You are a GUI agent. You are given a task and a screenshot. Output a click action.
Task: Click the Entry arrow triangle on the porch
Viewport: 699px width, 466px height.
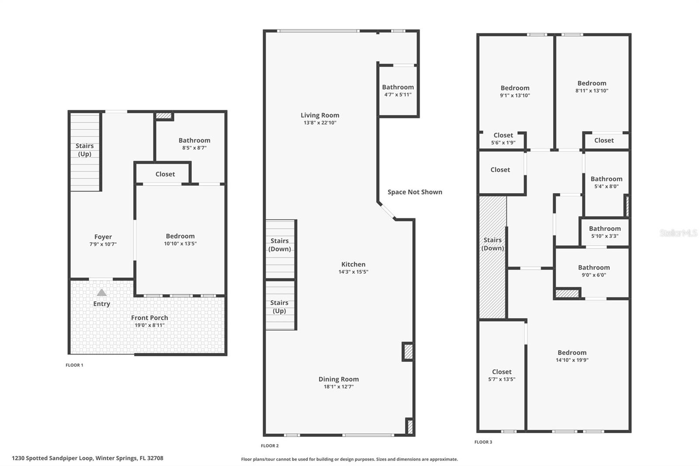[101, 292]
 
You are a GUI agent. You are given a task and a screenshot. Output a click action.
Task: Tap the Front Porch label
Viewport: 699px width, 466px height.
[149, 318]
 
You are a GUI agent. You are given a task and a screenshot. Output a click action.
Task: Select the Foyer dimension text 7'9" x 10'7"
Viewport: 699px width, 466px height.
[103, 244]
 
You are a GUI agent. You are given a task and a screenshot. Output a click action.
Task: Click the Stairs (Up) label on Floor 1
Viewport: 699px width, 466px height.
[84, 150]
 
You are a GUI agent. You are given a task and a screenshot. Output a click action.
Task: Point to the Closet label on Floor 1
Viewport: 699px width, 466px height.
[165, 174]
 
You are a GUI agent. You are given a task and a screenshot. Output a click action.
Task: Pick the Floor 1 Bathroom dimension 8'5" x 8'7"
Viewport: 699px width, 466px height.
[194, 148]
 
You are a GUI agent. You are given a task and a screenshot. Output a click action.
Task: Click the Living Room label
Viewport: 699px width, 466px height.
[320, 115]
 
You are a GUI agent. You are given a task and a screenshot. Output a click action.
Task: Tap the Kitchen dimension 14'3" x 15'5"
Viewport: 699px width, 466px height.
[353, 271]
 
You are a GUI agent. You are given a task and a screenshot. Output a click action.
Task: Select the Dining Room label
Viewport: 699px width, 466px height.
[339, 379]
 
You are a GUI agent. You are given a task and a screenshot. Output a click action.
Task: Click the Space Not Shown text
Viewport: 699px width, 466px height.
[415, 192]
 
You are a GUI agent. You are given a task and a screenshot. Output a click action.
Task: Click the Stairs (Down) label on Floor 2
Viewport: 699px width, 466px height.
[280, 245]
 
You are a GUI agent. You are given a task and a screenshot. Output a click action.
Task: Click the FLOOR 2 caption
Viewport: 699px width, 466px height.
[270, 445]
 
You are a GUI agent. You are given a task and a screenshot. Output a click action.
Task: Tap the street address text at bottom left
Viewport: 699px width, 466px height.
[87, 458]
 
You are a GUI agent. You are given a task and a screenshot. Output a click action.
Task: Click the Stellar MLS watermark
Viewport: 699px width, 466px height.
[678, 233]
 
